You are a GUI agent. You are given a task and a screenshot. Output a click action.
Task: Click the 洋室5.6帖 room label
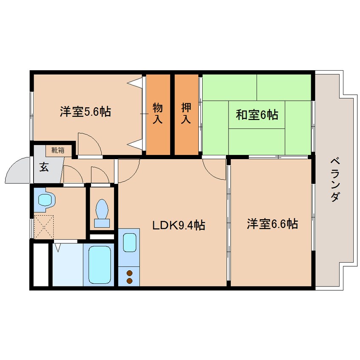pyautogui.click(x=85, y=112)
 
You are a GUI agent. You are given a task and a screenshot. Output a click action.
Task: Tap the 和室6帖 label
pyautogui.click(x=257, y=114)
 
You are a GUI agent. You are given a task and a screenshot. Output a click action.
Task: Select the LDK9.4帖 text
pyautogui.click(x=179, y=225)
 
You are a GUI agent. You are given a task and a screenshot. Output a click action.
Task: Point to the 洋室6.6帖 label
pyautogui.click(x=272, y=223)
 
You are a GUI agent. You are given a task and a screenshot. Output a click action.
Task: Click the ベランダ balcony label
pyautogui.click(x=335, y=179)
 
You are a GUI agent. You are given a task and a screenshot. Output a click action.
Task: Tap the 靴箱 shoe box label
pyautogui.click(x=58, y=150)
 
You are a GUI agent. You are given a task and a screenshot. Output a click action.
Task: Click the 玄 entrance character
pyautogui.click(x=44, y=166)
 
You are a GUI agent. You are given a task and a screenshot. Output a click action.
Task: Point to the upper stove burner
pyautogui.click(x=129, y=273)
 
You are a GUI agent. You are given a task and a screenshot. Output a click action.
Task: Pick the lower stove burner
pyautogui.click(x=129, y=280)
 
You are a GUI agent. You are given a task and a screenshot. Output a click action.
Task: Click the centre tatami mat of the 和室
pyautogui.click(x=257, y=114)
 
